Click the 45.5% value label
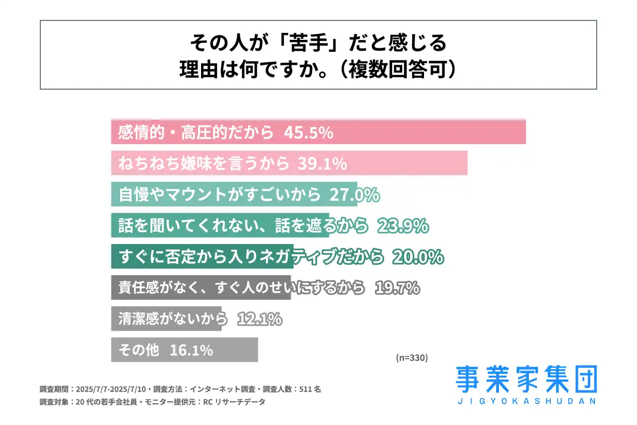309,133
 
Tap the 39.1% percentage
322,164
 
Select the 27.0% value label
354,195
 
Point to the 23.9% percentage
403,226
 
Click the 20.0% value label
418,257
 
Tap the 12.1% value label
260,319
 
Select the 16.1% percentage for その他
191,350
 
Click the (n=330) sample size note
412,357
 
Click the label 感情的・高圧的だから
196,133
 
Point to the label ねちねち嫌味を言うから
204,164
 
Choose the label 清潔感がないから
173,319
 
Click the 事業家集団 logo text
526,380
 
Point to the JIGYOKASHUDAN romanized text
526,401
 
